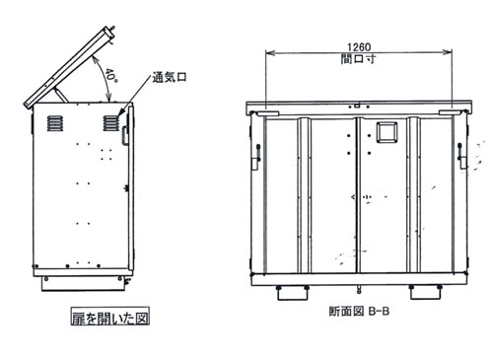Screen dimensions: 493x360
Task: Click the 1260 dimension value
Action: tap(359, 47)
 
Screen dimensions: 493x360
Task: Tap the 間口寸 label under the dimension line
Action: tap(358, 59)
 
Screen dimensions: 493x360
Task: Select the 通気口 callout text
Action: tap(170, 77)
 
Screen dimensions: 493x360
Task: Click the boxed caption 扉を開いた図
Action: tap(110, 316)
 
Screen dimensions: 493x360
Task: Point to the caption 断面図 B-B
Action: tap(359, 311)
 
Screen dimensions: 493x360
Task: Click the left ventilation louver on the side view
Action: tap(54, 123)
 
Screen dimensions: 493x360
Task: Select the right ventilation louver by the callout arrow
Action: tap(110, 123)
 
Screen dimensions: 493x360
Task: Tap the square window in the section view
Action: tap(387, 132)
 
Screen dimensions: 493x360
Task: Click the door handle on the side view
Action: tap(125, 135)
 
